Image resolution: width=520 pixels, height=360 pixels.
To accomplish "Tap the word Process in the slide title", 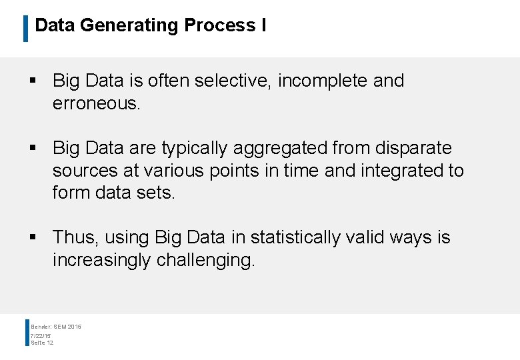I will coord(217,25).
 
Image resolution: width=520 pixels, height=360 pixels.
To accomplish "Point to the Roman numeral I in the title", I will coord(264,25).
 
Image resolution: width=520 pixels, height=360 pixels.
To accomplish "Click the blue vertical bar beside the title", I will coord(25,28).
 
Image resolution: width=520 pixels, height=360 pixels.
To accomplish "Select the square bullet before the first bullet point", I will coord(32,81).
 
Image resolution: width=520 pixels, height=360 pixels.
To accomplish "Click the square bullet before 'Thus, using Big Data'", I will coord(32,238).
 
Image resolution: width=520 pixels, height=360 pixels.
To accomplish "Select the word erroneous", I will coord(95,103).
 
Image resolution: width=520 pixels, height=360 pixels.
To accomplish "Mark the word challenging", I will coord(205,260).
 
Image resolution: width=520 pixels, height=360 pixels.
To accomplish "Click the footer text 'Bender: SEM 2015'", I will coord(56,326).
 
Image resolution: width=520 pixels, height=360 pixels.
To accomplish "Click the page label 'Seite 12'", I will coord(42,343).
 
